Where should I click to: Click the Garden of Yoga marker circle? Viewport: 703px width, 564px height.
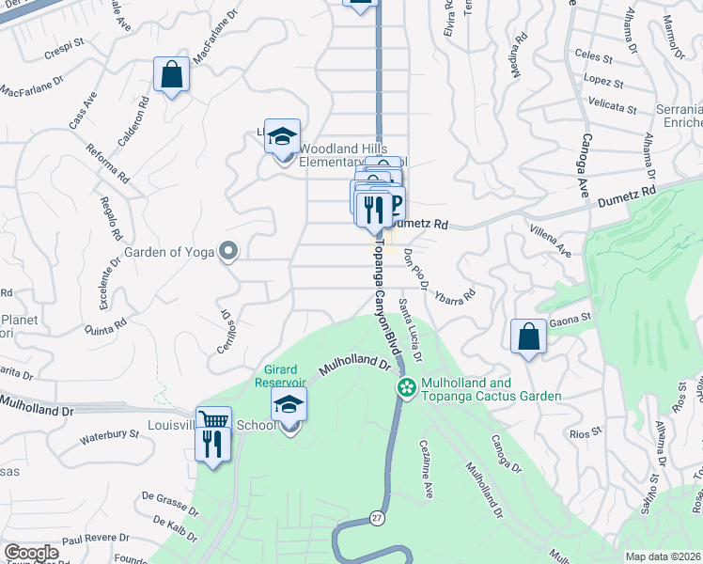pyautogui.click(x=227, y=250)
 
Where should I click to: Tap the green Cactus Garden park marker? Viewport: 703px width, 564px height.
pyautogui.click(x=407, y=386)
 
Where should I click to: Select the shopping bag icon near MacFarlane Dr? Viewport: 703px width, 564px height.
pyautogui.click(x=172, y=75)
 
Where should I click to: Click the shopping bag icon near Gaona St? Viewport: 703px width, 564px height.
pyautogui.click(x=529, y=337)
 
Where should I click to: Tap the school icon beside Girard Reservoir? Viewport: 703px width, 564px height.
pyautogui.click(x=289, y=406)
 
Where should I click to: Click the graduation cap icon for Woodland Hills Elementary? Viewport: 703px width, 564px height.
pyautogui.click(x=282, y=137)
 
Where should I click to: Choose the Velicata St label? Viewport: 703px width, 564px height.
pyautogui.click(x=612, y=110)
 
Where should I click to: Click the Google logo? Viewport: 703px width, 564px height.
pyautogui.click(x=31, y=553)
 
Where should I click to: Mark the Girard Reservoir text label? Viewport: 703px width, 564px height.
pyautogui.click(x=280, y=375)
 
